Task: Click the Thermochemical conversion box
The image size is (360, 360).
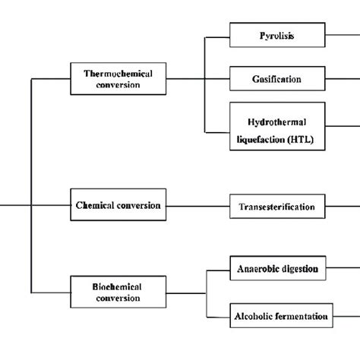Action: pos(117,80)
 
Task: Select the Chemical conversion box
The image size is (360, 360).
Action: pos(117,205)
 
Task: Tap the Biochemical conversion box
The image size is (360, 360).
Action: pos(117,292)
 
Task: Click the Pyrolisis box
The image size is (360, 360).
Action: pos(277,35)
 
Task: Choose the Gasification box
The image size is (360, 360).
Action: pos(277,78)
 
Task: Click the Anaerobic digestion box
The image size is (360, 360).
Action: pos(277,268)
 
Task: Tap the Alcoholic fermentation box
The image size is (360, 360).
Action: pos(277,315)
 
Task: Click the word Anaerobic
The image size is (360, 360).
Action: pos(257,268)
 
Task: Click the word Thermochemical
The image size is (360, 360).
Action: pos(117,74)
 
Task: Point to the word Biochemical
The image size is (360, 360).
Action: pos(117,287)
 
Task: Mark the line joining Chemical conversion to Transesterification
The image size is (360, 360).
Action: pos(197,205)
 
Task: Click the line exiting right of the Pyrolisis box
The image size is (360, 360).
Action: pos(343,35)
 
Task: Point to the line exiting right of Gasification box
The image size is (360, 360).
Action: pos(343,78)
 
